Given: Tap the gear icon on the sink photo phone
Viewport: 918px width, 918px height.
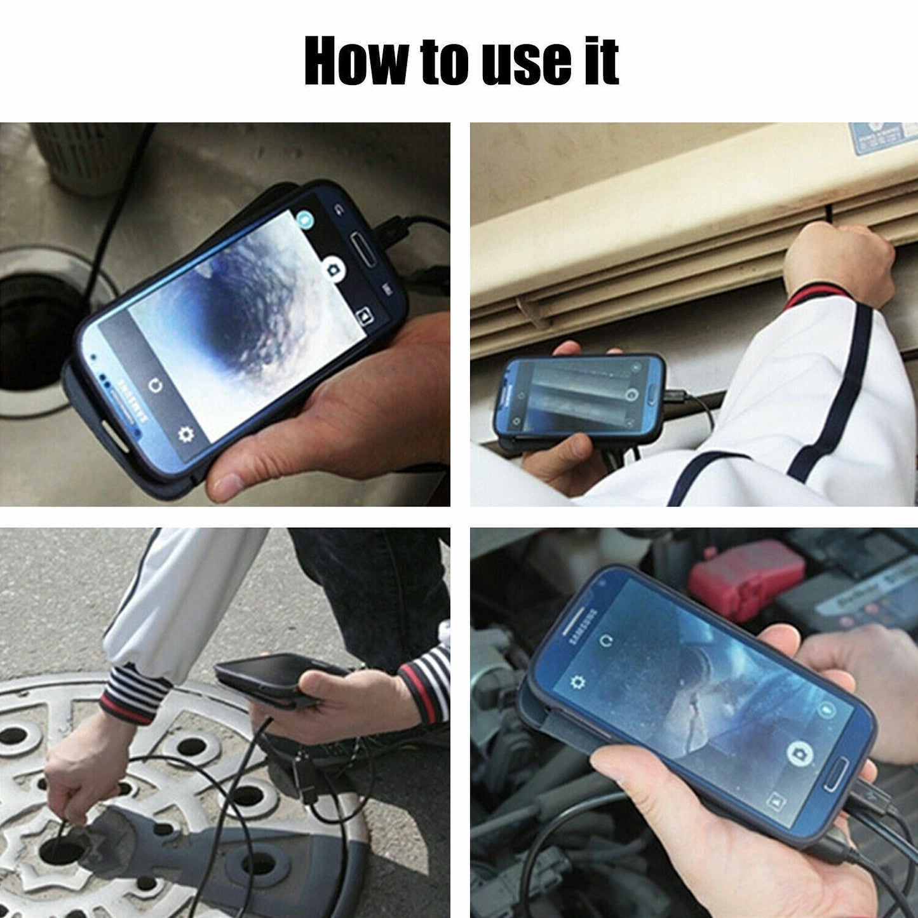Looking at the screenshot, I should [186, 434].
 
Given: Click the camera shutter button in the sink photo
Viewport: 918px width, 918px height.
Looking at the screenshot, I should [332, 269].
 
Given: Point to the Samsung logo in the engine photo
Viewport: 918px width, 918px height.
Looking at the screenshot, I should [582, 627].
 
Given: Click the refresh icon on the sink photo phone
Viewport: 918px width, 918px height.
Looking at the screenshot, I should [154, 386].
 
